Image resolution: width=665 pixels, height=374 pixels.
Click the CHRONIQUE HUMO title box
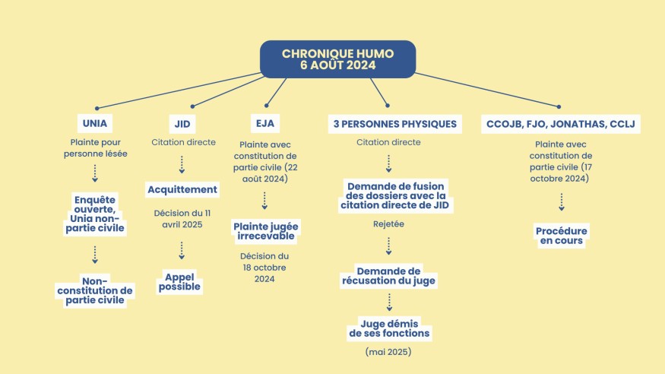pos(337,59)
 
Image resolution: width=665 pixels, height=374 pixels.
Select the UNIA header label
pos(95,123)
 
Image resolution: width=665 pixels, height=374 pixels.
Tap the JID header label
pos(182,124)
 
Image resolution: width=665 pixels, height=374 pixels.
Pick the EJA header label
pos(265,123)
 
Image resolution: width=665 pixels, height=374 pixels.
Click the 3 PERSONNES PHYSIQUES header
pos(395,124)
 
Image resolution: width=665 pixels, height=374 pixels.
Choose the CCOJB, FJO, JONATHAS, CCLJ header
pos(561,124)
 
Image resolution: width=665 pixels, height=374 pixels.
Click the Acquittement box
pos(182,189)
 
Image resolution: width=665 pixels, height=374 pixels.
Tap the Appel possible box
pos(179,282)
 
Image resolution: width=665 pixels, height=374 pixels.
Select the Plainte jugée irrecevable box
pos(266,231)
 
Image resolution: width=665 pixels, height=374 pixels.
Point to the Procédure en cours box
pos(562,236)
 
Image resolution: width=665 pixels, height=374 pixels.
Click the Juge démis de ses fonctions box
pos(389,328)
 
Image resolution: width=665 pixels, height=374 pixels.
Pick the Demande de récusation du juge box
pos(388,276)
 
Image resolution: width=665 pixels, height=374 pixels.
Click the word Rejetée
pos(388,224)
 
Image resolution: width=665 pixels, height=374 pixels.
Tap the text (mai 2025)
pos(388,352)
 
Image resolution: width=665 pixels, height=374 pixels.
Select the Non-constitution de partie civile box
pos(95,290)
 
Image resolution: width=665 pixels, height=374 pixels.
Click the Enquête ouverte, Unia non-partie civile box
pos(95,214)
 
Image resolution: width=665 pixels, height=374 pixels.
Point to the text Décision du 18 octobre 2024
pos(264,268)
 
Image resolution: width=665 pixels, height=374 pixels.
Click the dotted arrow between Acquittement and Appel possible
pos(182,251)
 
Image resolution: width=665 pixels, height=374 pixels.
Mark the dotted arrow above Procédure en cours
pos(562,202)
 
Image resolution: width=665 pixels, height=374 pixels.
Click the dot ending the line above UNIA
pos(97,109)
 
